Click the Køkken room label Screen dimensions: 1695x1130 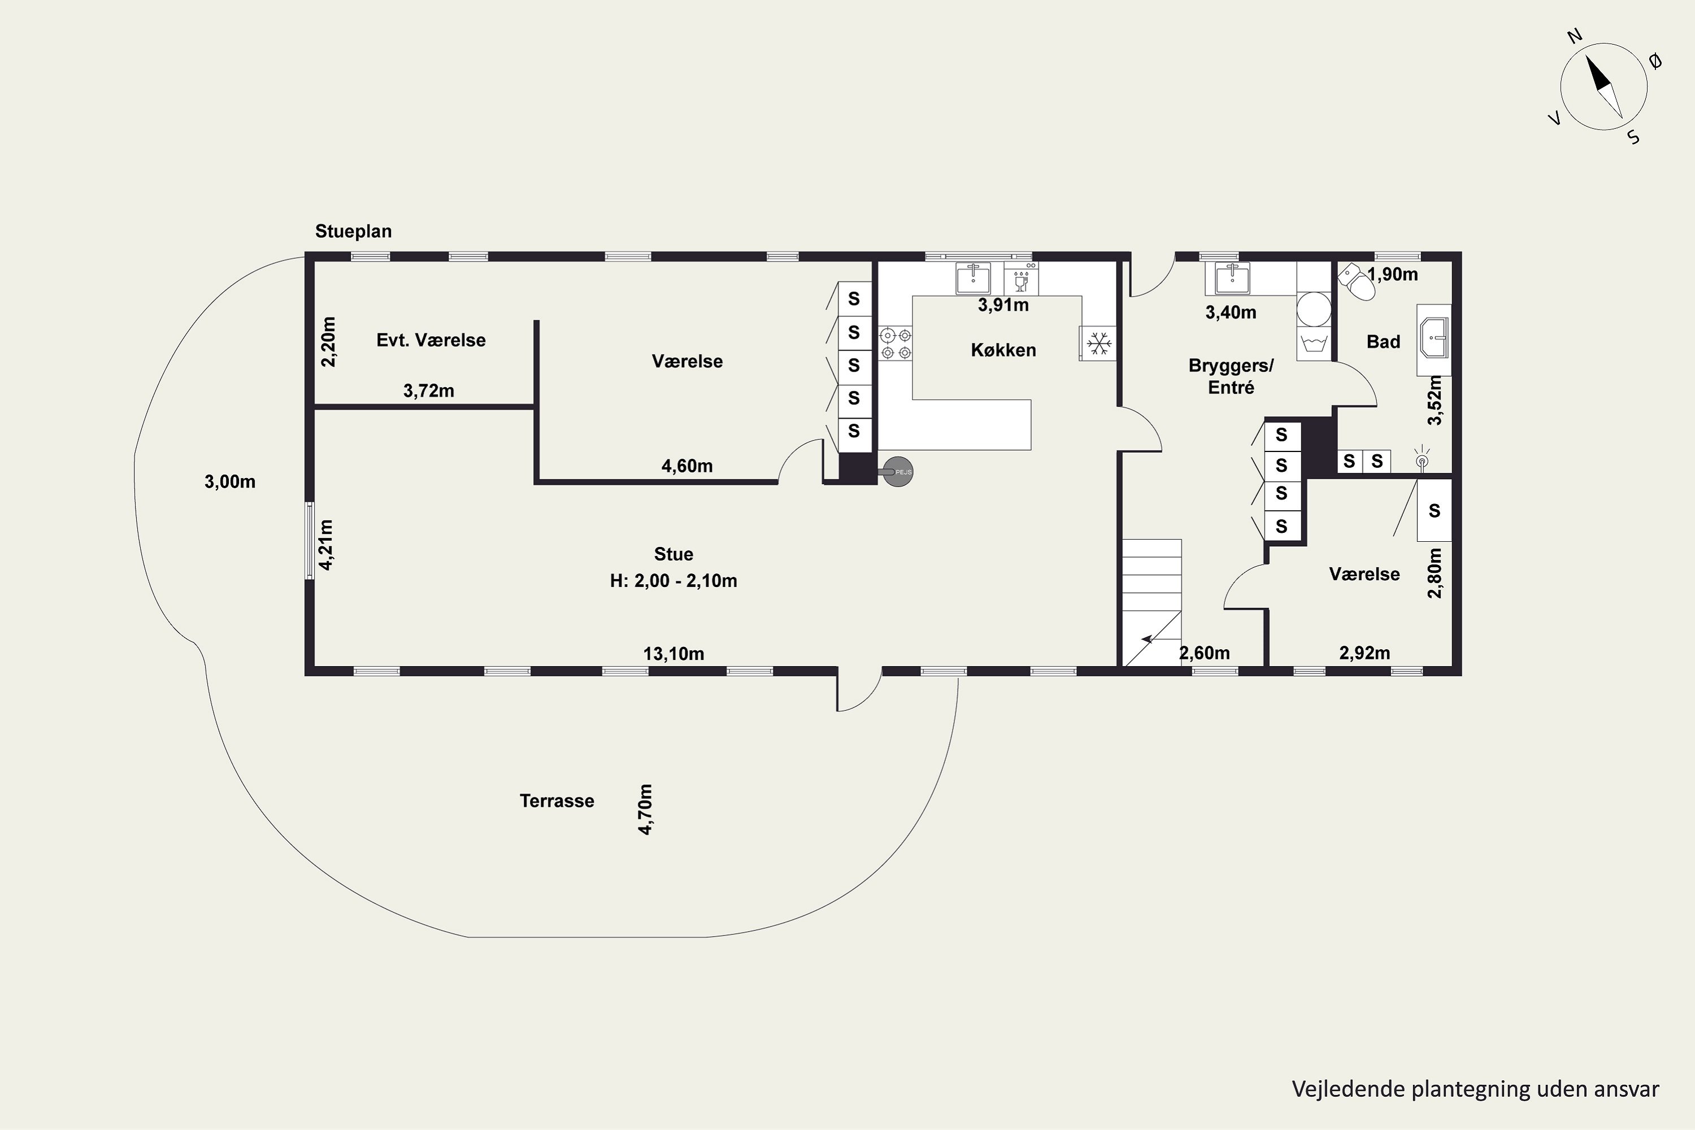tap(1003, 350)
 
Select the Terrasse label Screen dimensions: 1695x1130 tap(557, 801)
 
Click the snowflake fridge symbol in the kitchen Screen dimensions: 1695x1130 tap(1098, 344)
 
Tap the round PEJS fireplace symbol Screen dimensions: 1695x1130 tap(898, 472)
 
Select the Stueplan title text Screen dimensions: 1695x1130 tap(353, 231)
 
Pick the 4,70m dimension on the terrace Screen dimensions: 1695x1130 tap(646, 809)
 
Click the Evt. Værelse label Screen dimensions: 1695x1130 tap(431, 340)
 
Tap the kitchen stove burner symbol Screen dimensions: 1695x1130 tap(896, 344)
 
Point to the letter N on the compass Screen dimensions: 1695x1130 tap(1575, 56)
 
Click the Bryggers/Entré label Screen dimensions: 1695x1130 tap(1231, 376)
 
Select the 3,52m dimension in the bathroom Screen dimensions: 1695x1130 tap(1435, 401)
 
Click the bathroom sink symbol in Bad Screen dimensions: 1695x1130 tap(1434, 337)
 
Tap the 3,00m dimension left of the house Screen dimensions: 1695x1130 tap(230, 481)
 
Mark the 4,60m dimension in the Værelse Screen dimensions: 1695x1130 tap(688, 466)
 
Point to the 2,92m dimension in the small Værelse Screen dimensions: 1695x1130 tap(1365, 653)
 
